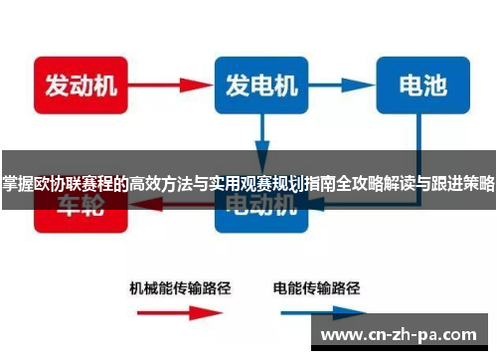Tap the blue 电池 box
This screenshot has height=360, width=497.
point(422,84)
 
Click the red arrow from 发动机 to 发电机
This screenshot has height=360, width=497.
point(166,84)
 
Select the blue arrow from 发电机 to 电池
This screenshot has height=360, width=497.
point(340,84)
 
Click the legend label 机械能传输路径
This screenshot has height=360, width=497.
point(180,287)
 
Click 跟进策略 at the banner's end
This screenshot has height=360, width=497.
point(464,182)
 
